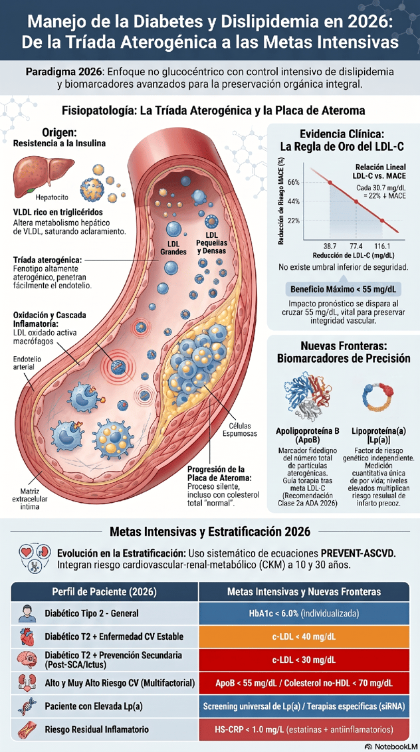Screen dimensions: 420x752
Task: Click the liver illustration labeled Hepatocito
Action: pyautogui.click(x=43, y=173)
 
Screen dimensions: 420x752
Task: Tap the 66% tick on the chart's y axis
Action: pyautogui.click(x=294, y=182)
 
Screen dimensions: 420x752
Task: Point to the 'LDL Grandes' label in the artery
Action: pyautogui.click(x=173, y=248)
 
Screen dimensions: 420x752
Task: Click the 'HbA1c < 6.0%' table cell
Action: pyautogui.click(x=304, y=613)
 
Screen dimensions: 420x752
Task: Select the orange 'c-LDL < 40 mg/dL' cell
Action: pyautogui.click(x=304, y=636)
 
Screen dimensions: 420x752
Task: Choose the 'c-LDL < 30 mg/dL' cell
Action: pyautogui.click(x=304, y=660)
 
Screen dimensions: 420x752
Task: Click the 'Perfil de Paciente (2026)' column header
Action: pyautogui.click(x=104, y=591)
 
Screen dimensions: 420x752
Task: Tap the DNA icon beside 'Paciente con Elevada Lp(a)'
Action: pyautogui.click(x=26, y=707)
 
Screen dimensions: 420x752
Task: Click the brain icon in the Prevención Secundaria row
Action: pyautogui.click(x=26, y=660)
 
